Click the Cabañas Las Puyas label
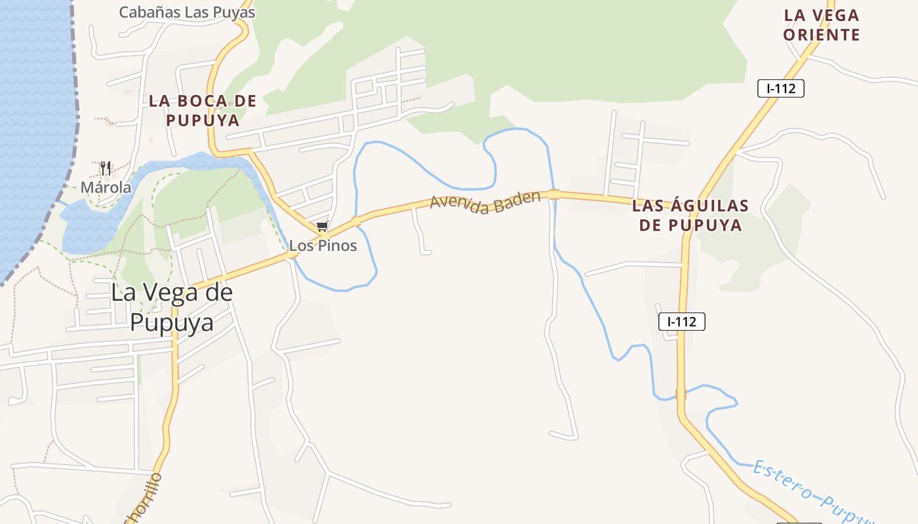(187, 12)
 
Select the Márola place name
(106, 187)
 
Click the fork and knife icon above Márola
(106, 168)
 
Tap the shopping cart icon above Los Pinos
(321, 227)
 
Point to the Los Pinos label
(323, 246)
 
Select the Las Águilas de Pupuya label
(690, 215)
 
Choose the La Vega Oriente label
(822, 25)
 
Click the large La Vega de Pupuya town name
(172, 307)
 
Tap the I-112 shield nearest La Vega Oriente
(780, 88)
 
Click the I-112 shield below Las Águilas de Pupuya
(682, 322)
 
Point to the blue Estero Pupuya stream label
(813, 495)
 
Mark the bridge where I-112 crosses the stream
(681, 394)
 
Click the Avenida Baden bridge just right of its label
(554, 194)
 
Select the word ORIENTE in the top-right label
(822, 35)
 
